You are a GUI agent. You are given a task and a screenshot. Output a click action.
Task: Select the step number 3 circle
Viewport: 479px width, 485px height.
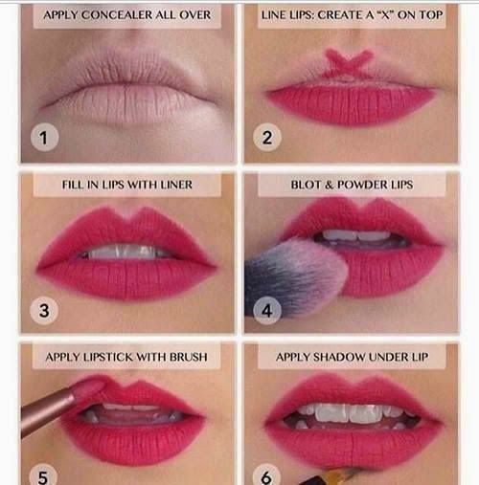point(42,310)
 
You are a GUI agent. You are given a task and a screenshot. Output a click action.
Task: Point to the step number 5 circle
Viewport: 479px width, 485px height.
point(42,474)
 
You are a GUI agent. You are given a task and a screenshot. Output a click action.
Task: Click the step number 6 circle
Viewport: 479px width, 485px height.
point(267,474)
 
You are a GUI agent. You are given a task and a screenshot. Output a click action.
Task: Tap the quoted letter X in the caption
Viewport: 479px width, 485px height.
point(394,16)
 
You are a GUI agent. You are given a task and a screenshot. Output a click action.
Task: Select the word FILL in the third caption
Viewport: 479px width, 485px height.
point(74,184)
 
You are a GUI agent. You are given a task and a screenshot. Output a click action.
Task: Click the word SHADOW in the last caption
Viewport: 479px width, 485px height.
point(348,357)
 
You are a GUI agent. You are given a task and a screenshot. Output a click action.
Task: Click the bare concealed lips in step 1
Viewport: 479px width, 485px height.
point(125,91)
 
